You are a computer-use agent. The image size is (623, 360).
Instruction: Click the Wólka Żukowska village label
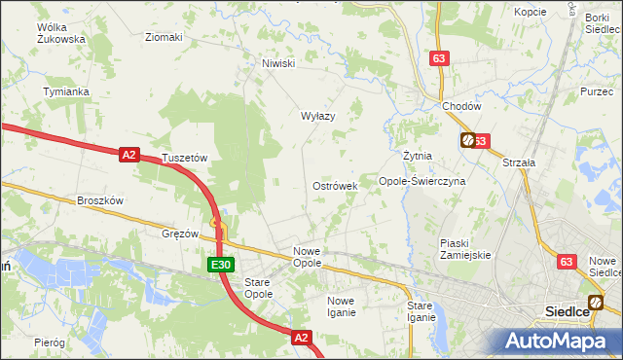tap(60, 34)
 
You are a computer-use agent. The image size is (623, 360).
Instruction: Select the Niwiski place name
tap(277, 64)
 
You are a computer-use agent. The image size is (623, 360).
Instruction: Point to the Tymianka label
tap(66, 91)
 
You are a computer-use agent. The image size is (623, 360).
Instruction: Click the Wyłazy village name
tap(317, 116)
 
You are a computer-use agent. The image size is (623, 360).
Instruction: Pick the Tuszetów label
tap(186, 158)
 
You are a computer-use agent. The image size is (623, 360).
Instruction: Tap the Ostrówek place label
tap(335, 185)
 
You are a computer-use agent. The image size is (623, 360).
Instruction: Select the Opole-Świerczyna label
tap(422, 181)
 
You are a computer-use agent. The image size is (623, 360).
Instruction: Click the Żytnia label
tap(417, 156)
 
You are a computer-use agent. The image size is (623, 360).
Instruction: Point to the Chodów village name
tap(461, 106)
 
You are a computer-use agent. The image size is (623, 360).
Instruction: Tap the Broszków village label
tap(100, 200)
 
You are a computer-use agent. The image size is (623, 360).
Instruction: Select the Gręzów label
tap(180, 234)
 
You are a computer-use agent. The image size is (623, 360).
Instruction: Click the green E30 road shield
tap(220, 265)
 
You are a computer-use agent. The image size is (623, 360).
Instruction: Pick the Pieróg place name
tap(49, 342)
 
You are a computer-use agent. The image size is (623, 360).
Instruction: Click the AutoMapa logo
tap(554, 341)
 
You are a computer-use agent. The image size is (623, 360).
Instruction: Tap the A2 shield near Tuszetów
tap(129, 154)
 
